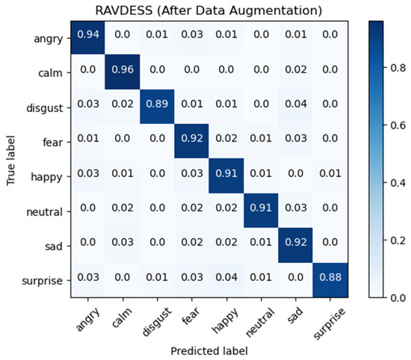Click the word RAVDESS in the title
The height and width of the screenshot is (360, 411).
132,10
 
